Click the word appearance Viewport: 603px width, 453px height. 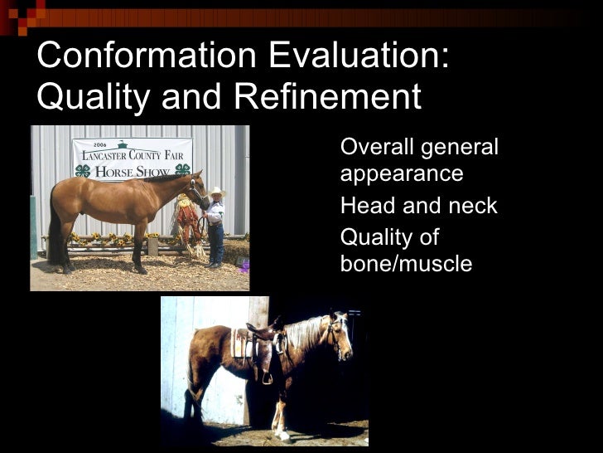click(x=401, y=174)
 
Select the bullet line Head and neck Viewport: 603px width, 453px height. click(x=418, y=206)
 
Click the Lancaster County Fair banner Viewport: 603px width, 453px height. click(x=132, y=158)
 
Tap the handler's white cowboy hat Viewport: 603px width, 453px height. click(x=216, y=192)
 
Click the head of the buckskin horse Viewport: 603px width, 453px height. click(x=198, y=189)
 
